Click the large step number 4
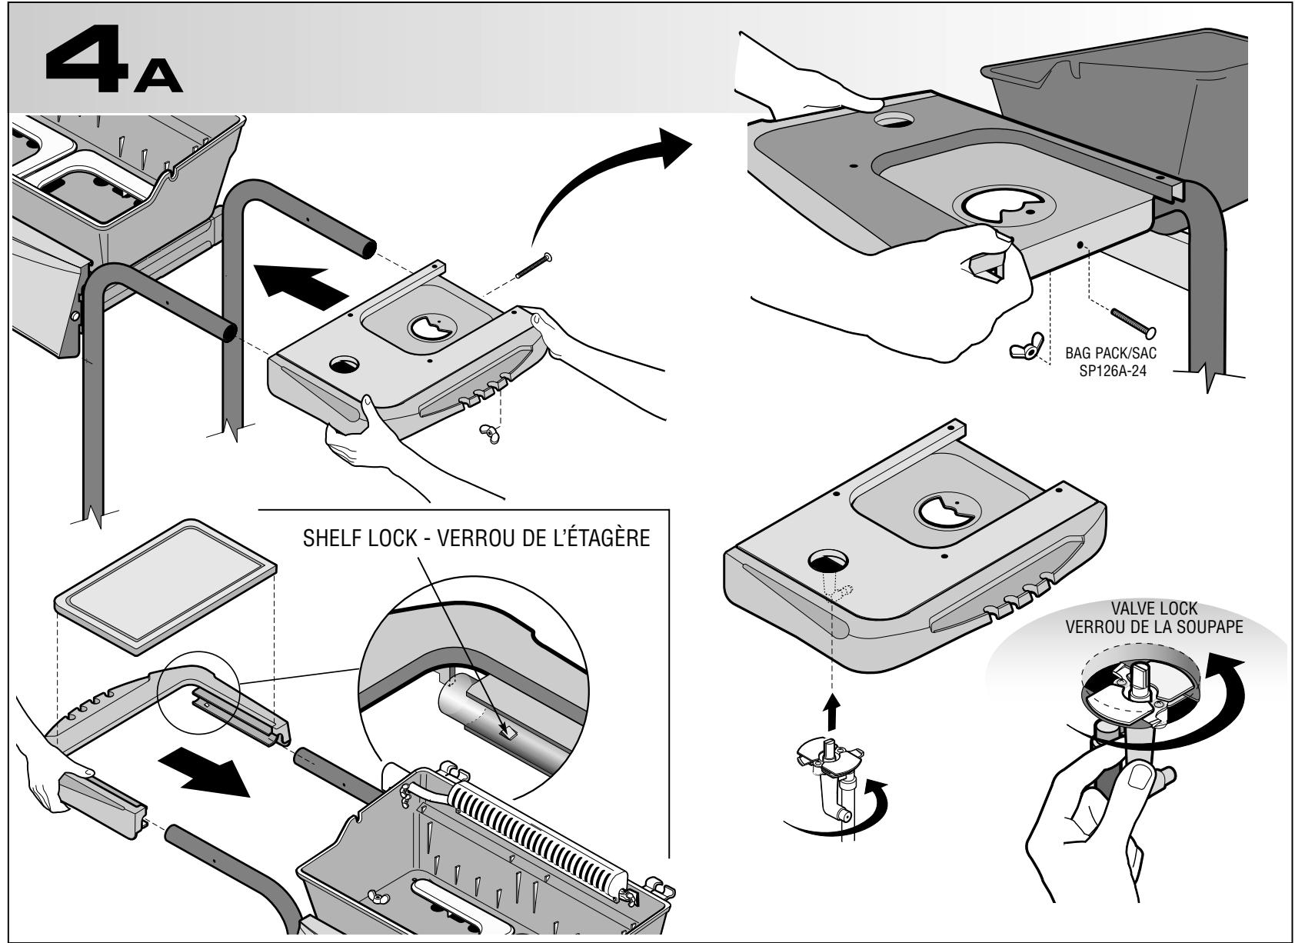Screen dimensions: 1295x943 (87, 61)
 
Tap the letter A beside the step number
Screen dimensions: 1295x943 (158, 77)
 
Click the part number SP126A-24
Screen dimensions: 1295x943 (1113, 371)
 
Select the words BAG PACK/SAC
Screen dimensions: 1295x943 (1111, 353)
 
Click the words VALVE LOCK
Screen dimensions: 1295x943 (1154, 608)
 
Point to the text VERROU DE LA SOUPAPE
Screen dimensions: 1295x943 (1154, 627)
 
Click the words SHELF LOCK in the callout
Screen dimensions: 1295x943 (360, 538)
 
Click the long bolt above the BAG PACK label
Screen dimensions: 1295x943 (1134, 323)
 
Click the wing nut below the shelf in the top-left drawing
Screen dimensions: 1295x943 (489, 433)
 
